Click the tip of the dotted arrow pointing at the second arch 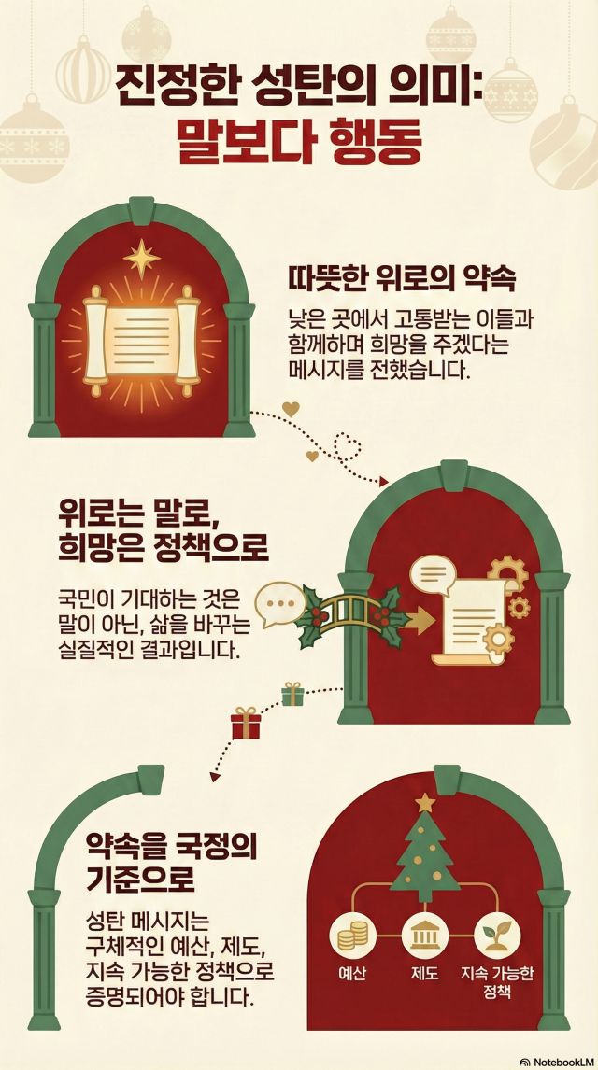pyautogui.click(x=388, y=482)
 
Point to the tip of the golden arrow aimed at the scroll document pyautogui.click(x=434, y=620)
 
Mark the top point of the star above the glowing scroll pyautogui.click(x=142, y=240)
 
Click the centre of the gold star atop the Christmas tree pyautogui.click(x=425, y=803)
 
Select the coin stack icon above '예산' pyautogui.click(x=352, y=936)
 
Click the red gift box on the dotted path pyautogui.click(x=245, y=723)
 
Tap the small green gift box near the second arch pyautogui.click(x=292, y=694)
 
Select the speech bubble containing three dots pyautogui.click(x=280, y=605)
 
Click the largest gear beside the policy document pyautogui.click(x=508, y=576)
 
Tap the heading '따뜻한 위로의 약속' pyautogui.click(x=402, y=280)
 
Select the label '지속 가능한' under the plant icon pyautogui.click(x=497, y=972)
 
